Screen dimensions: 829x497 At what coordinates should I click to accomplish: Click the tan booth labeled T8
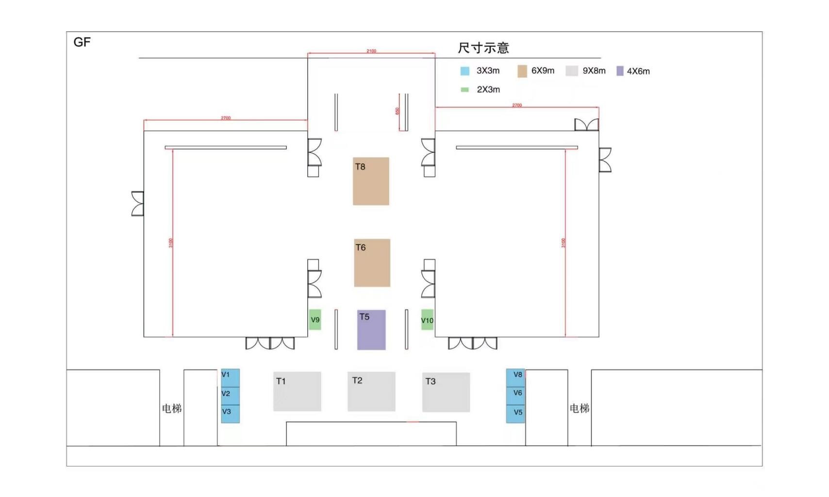(x=371, y=182)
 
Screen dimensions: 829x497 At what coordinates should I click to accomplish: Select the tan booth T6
(x=372, y=263)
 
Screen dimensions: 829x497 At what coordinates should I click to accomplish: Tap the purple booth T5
(x=371, y=330)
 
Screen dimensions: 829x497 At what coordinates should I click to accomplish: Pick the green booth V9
(x=315, y=319)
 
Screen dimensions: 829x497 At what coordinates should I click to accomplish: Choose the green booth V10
(x=427, y=320)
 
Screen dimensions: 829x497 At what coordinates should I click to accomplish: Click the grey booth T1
(x=297, y=392)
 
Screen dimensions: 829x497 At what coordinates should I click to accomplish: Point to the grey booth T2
(x=371, y=392)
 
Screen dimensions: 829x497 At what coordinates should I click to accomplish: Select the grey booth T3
(x=446, y=392)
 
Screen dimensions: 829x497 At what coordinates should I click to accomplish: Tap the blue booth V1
(x=230, y=378)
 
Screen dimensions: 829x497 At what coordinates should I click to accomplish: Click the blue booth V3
(x=230, y=414)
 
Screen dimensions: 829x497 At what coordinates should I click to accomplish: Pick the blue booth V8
(x=515, y=378)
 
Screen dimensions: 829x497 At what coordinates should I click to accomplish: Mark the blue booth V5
(x=515, y=414)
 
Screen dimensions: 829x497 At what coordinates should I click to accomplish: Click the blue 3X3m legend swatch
(x=465, y=71)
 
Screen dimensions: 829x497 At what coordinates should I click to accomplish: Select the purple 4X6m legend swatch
(x=620, y=71)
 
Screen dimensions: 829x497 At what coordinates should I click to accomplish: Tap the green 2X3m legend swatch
(x=465, y=90)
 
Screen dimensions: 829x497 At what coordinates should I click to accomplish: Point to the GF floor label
(x=82, y=42)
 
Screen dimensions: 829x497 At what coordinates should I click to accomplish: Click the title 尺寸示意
(x=483, y=48)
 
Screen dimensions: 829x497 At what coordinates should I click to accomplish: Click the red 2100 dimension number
(x=371, y=51)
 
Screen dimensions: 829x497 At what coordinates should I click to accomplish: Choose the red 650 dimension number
(x=397, y=111)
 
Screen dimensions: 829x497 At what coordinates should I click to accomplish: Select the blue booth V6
(x=515, y=396)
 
